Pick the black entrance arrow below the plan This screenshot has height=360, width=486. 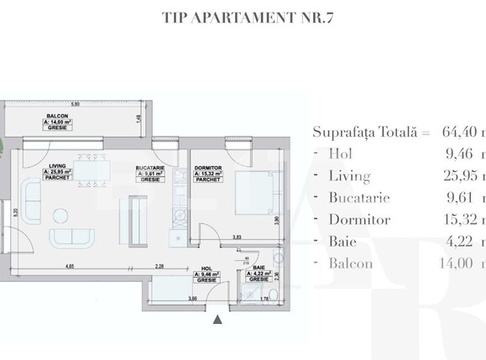[218, 318]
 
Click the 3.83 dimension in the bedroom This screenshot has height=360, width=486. [238, 237]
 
